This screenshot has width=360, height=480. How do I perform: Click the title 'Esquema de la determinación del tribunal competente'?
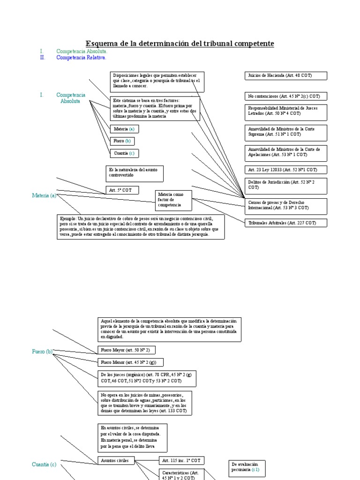(180, 44)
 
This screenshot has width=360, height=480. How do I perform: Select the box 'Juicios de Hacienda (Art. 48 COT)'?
(285, 76)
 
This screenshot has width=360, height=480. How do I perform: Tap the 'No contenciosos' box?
(285, 96)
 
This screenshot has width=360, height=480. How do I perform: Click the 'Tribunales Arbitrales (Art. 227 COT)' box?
(285, 223)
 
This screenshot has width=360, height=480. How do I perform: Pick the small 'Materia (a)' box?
(124, 129)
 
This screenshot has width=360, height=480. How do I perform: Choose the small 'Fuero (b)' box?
(122, 141)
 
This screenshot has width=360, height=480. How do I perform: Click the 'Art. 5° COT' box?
(120, 190)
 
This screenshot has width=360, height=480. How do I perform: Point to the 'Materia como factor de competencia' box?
(173, 200)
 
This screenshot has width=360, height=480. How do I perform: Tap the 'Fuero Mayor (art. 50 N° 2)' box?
(126, 350)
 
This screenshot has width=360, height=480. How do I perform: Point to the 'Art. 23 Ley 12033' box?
(285, 170)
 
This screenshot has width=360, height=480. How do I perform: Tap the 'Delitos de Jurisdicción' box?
(285, 184)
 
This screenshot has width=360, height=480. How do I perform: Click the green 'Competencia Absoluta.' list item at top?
(82, 51)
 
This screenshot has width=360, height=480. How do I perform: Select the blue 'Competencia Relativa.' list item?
(81, 58)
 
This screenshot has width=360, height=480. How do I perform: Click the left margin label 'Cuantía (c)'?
(44, 464)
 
